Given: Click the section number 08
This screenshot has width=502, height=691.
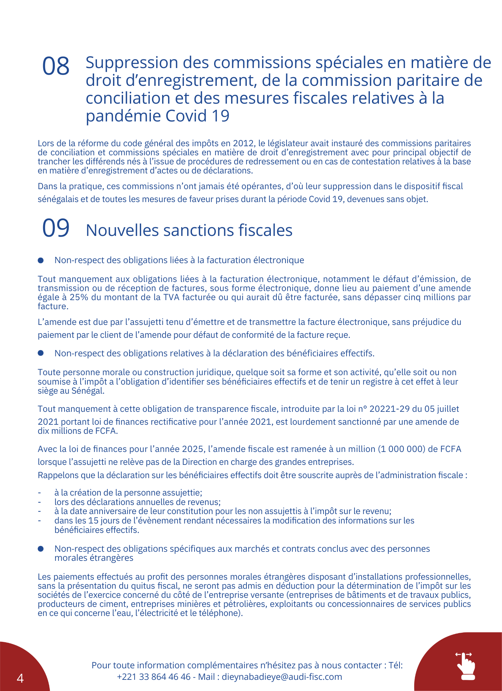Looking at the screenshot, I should (x=56, y=66).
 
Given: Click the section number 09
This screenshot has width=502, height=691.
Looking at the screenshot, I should (x=56, y=228).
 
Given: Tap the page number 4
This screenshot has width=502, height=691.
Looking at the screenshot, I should (x=20, y=678).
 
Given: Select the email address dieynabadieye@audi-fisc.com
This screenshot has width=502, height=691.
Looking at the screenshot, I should (x=282, y=677).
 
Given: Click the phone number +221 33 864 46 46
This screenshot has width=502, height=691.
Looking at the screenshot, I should (x=154, y=677).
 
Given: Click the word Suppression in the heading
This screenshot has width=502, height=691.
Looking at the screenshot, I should (x=132, y=63).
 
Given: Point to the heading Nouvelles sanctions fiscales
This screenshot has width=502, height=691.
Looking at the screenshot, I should (x=189, y=230).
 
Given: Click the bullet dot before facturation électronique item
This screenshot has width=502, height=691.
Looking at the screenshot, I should (x=41, y=260).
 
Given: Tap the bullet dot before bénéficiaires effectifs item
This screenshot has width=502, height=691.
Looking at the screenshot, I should (x=41, y=353).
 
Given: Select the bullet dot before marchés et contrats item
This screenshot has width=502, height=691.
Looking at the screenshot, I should (x=41, y=549).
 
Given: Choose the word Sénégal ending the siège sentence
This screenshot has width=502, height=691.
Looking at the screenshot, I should (x=88, y=391).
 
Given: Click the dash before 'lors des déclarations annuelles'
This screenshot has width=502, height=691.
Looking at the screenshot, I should (x=40, y=502).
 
